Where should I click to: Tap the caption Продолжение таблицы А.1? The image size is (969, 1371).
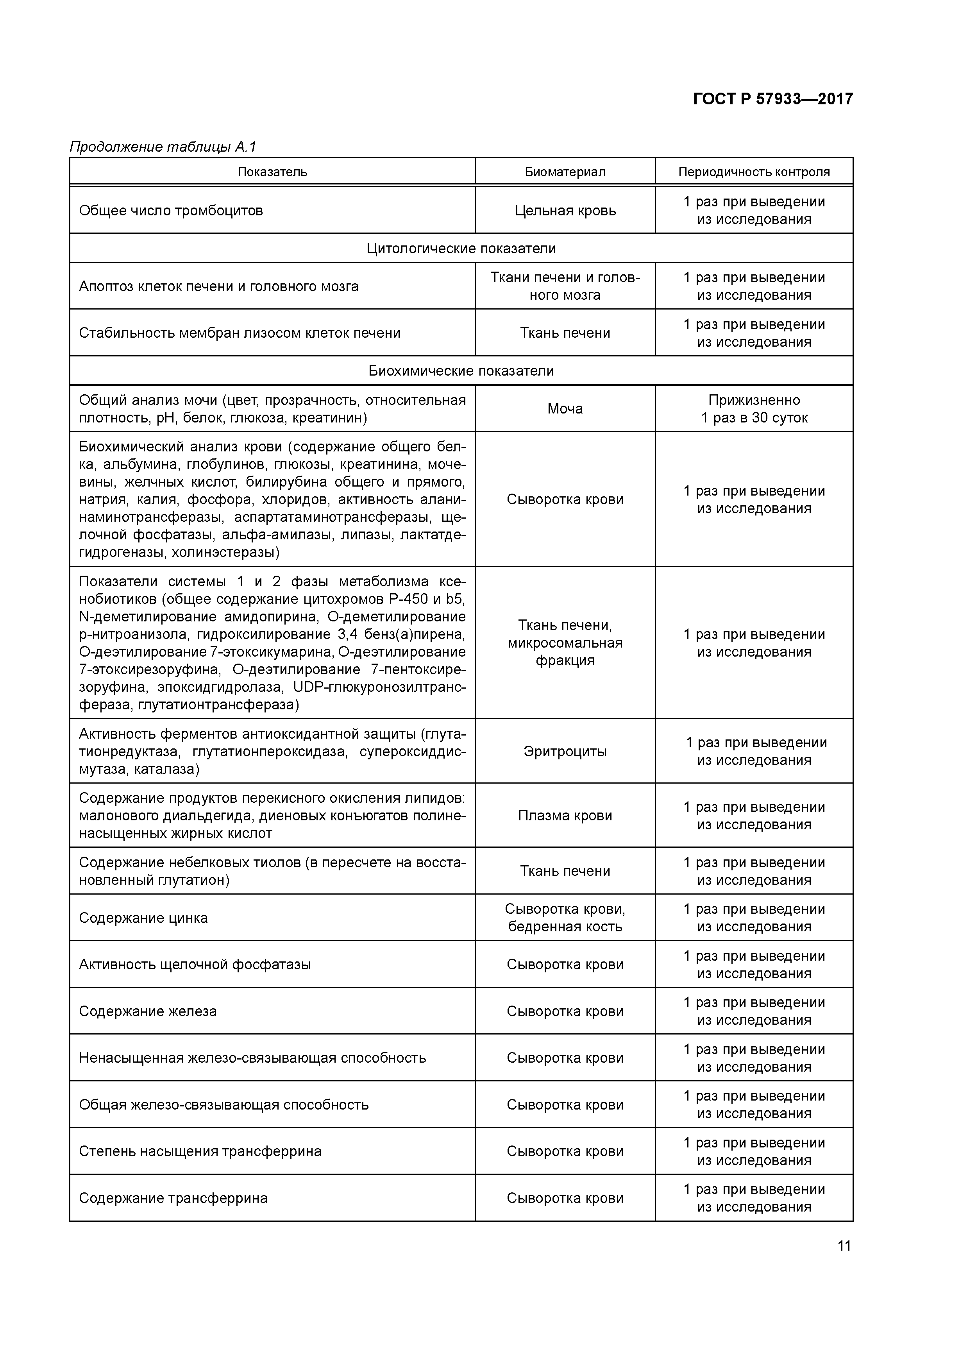tap(163, 147)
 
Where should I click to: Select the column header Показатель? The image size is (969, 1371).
tap(272, 172)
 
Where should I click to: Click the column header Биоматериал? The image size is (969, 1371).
tap(565, 172)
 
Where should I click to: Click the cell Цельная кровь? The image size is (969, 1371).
tap(565, 210)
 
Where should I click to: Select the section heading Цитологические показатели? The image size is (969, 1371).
tap(461, 249)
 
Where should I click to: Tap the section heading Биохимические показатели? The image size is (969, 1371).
tap(461, 371)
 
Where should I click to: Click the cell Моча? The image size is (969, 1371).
tap(565, 409)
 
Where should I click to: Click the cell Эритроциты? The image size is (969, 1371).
tap(565, 751)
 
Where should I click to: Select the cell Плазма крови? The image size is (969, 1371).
tap(565, 816)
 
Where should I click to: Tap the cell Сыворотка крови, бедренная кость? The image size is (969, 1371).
tap(565, 918)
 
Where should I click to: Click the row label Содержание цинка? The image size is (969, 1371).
tap(143, 918)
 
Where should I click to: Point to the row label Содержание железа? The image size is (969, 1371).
tap(148, 1011)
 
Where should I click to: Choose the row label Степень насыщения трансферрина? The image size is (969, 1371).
tap(200, 1151)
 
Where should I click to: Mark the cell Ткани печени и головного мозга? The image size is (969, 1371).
tap(565, 286)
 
